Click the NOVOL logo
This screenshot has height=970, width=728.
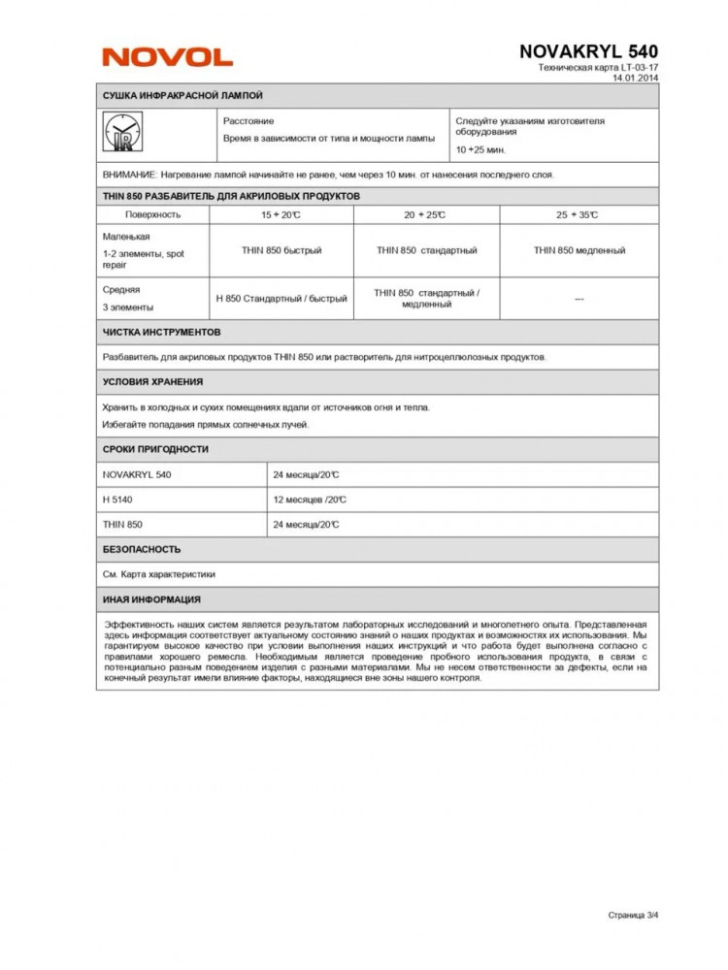[x=167, y=57]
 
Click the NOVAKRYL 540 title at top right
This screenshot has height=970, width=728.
[x=588, y=51]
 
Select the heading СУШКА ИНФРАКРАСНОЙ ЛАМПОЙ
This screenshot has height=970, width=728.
[x=182, y=96]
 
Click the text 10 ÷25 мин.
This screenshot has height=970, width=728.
[x=480, y=150]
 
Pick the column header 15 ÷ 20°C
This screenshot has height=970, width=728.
[x=281, y=214]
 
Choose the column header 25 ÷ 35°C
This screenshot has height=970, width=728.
[x=579, y=214]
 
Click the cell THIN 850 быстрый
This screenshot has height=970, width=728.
[x=281, y=250]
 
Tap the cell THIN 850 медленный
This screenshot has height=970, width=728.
[x=579, y=250]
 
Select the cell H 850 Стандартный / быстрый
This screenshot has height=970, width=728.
[x=281, y=299]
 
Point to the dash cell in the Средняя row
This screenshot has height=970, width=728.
[x=579, y=299]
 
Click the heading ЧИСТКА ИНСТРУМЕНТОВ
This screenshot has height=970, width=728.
[x=162, y=332]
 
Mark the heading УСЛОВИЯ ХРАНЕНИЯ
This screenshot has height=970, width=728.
[x=152, y=382]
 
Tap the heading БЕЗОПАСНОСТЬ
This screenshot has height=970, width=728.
[x=142, y=549]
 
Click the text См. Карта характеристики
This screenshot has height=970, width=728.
[x=158, y=574]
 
